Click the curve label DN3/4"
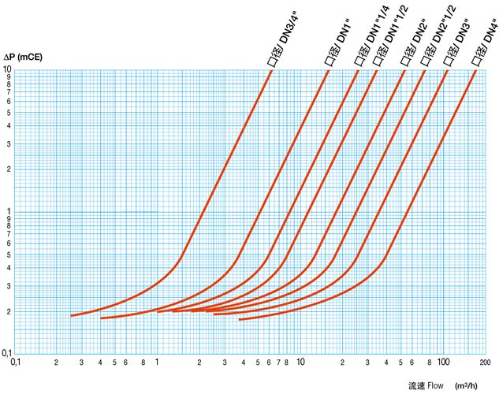(x=281, y=44)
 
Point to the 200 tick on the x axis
(x=484, y=363)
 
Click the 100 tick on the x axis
(x=442, y=363)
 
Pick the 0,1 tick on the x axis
(x=15, y=363)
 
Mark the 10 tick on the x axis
(x=300, y=363)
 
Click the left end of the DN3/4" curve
(x=72, y=316)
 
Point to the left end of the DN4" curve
(x=239, y=319)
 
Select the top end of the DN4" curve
(x=476, y=70)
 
